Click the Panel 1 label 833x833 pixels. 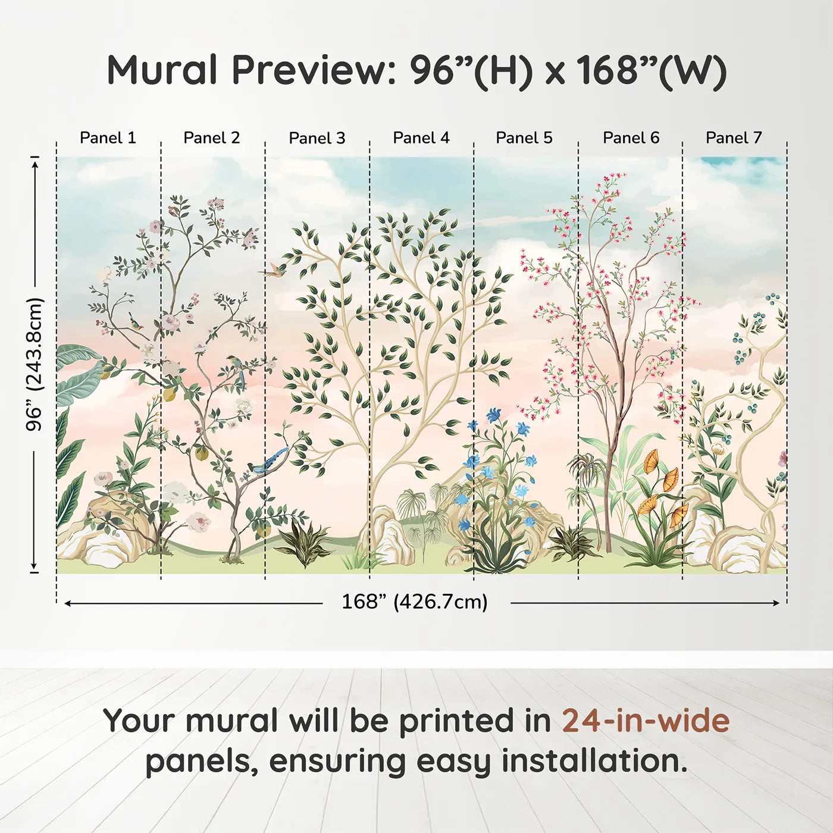coord(108,138)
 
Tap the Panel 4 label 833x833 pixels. coord(421,138)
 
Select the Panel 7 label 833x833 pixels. coord(734,138)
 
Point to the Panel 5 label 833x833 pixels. coord(524,138)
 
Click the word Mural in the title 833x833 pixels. coord(162,70)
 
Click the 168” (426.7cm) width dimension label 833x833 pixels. coord(415,602)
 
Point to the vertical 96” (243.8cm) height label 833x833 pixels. coord(35,364)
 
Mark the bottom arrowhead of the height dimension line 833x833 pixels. coord(35,566)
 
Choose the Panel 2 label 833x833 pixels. coord(211,138)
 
